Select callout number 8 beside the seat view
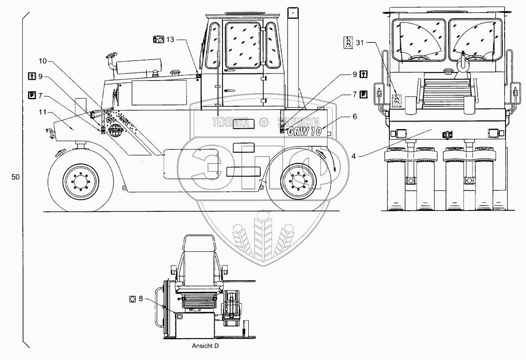coord(141,299)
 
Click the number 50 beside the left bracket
coord(15,177)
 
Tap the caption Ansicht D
coord(206,345)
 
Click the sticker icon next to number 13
coord(158,40)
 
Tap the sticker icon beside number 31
coord(349,42)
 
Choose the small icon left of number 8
coord(132,299)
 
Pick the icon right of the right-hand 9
coord(364,74)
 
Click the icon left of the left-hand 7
coord(32,94)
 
